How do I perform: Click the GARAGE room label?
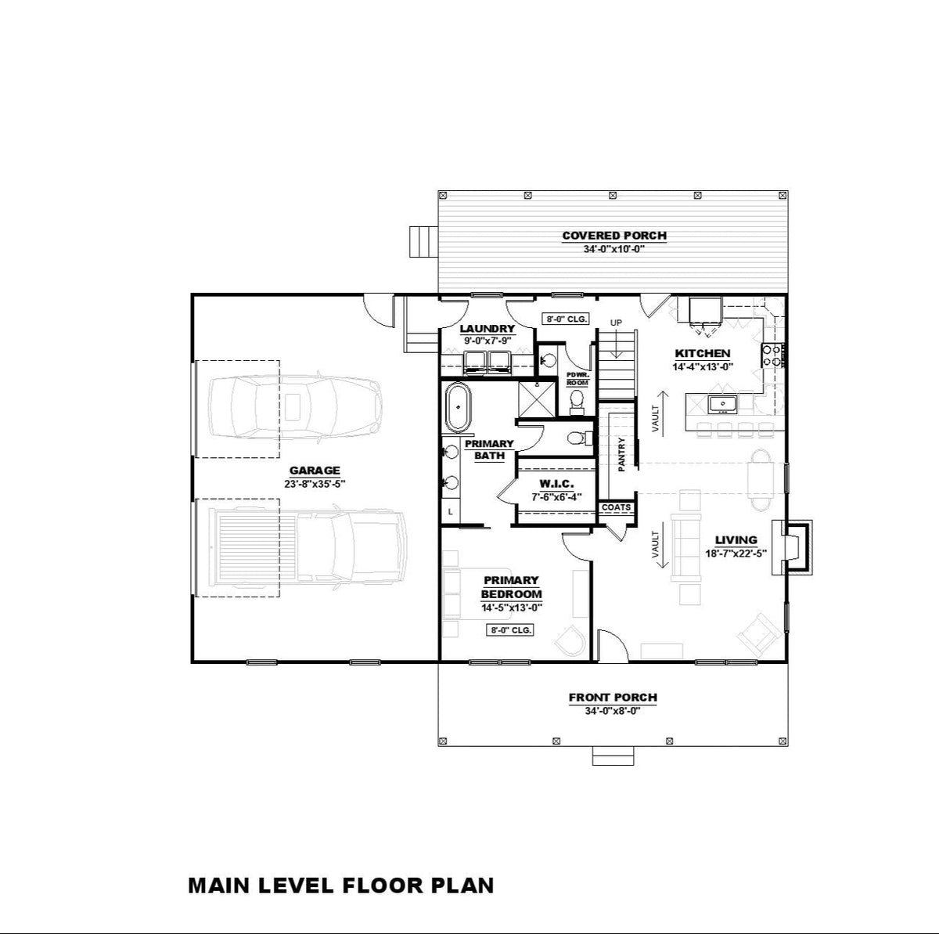point(315,471)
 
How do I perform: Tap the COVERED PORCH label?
point(614,235)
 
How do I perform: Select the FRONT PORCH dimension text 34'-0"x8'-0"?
point(613,712)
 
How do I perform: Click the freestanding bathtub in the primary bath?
point(457,407)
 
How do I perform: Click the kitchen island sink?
point(723,404)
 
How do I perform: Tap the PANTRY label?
point(621,454)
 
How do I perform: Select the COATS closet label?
point(616,507)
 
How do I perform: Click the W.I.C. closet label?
point(556,484)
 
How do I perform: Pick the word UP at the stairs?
point(616,322)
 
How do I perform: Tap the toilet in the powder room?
point(577,400)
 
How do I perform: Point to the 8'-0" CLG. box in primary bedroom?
point(511,629)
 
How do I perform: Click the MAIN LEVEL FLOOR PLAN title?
point(341,885)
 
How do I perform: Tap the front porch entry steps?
point(613,756)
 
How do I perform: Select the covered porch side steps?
point(423,241)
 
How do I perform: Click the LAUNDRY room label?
point(487,329)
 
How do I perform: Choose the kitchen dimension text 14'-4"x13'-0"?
point(703,366)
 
